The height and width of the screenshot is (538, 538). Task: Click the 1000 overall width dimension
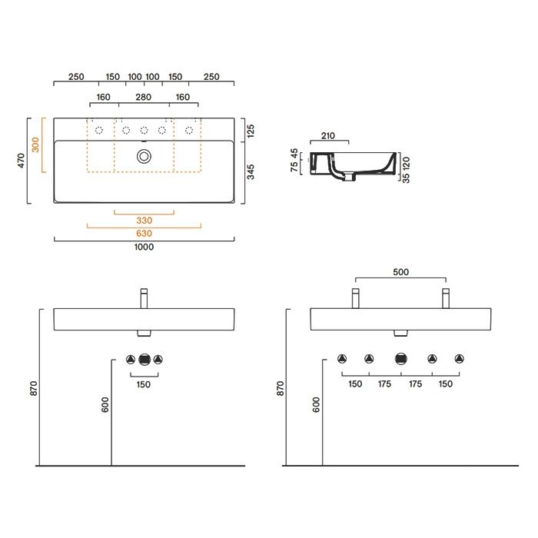(x=144, y=247)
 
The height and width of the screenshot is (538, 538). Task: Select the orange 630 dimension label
(x=144, y=234)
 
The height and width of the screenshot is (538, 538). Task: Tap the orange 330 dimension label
(x=144, y=220)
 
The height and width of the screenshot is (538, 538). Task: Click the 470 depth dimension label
(x=22, y=161)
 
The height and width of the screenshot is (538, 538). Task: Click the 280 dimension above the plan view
(x=144, y=98)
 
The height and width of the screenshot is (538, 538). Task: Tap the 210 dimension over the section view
(x=328, y=136)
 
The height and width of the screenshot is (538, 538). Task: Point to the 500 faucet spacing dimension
(x=400, y=271)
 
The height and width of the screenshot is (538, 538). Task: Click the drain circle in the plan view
(x=144, y=156)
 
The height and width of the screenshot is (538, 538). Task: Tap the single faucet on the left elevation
(x=144, y=298)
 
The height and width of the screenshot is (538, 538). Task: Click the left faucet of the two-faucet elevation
(x=355, y=298)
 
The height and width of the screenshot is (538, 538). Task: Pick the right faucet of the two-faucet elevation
(x=445, y=298)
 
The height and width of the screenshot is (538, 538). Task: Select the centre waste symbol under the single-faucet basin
(x=144, y=358)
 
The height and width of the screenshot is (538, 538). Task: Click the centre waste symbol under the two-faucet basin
(x=400, y=358)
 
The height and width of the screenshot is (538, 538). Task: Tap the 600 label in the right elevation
(x=316, y=405)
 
